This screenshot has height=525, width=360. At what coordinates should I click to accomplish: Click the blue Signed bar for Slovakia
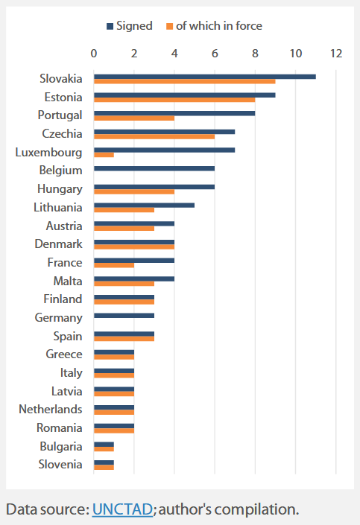click(204, 77)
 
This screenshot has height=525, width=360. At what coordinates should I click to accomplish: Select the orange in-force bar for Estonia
click(174, 99)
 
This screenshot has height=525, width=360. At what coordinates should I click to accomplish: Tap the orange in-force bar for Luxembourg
click(104, 154)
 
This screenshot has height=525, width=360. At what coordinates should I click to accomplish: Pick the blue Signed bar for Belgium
click(154, 168)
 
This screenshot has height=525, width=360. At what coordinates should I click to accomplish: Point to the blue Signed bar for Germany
click(124, 316)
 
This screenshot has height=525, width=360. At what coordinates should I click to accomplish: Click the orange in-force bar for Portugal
click(134, 118)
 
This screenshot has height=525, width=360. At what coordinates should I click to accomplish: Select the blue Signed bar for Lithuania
click(144, 206)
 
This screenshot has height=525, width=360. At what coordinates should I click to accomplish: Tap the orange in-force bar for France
click(114, 265)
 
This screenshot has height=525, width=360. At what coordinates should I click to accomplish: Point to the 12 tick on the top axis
click(336, 54)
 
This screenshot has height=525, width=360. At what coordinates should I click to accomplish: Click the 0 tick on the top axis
click(94, 54)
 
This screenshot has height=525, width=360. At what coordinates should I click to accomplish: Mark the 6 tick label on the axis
click(215, 54)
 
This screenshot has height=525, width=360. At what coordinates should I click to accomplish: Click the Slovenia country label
click(62, 464)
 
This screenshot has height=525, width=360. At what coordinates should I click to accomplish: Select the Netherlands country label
click(51, 409)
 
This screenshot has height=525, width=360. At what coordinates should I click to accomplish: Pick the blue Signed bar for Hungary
click(154, 187)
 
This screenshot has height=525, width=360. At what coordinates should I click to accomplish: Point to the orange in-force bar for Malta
click(124, 283)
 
